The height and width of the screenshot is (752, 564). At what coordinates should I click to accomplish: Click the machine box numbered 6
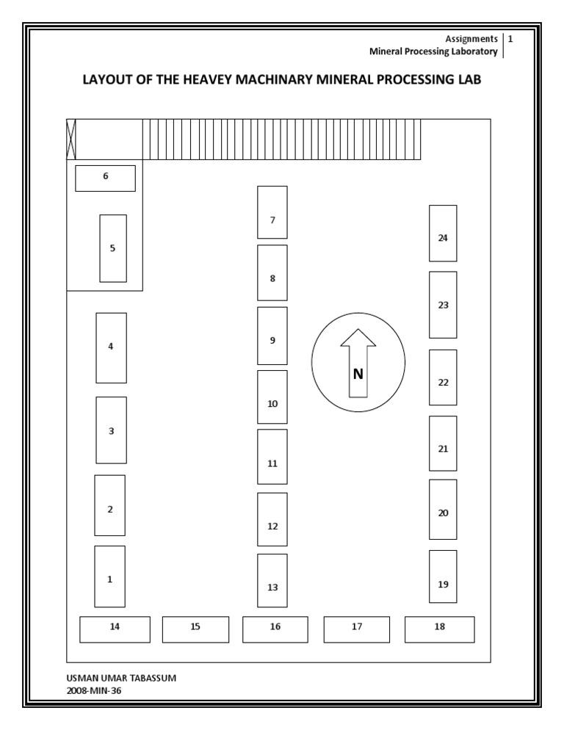(105, 178)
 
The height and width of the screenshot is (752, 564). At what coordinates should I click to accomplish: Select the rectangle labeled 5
(113, 248)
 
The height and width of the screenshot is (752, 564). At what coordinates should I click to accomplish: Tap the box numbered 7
(272, 212)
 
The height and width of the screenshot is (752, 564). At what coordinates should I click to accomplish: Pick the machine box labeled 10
(272, 397)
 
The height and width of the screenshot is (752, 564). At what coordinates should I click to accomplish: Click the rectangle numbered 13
(272, 581)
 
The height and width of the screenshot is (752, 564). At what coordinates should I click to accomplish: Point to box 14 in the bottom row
(115, 629)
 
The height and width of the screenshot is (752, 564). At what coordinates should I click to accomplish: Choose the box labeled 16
(275, 629)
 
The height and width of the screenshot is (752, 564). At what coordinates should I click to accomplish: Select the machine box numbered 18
(440, 629)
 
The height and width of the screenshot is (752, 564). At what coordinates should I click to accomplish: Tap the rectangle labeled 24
(443, 234)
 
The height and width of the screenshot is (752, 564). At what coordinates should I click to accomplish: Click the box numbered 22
(443, 377)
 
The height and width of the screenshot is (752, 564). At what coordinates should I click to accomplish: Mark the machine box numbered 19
(443, 576)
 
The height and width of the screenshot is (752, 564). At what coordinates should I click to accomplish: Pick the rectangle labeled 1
(110, 576)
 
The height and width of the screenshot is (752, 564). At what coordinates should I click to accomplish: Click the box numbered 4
(112, 348)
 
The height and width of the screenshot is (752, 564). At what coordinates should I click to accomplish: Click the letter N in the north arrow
(358, 374)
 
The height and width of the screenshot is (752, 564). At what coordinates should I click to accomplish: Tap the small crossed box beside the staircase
(71, 139)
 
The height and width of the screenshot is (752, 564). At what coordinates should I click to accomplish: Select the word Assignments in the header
(471, 39)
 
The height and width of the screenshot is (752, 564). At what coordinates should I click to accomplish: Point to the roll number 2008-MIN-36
(93, 691)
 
